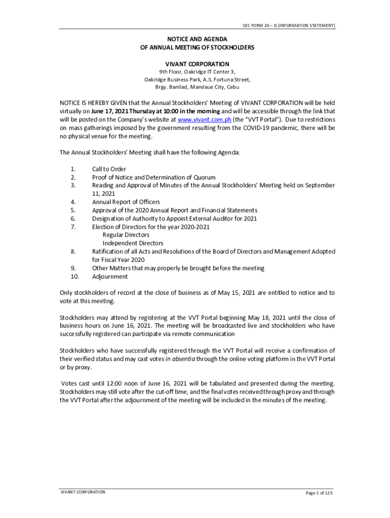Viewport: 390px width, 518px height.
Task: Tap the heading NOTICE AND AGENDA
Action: click(197, 39)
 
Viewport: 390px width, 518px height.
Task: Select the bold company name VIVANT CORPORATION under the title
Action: click(197, 64)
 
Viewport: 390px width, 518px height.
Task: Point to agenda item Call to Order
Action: click(109, 169)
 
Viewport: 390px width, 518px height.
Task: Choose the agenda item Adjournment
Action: click(110, 277)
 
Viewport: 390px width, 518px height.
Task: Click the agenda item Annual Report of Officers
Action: click(126, 202)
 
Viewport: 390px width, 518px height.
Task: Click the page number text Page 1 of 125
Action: click(319, 493)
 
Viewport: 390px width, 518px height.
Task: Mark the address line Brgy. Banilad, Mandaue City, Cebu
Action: click(197, 88)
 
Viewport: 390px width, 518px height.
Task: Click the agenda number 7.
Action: click(73, 227)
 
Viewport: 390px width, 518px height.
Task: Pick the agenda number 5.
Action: click(73, 210)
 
